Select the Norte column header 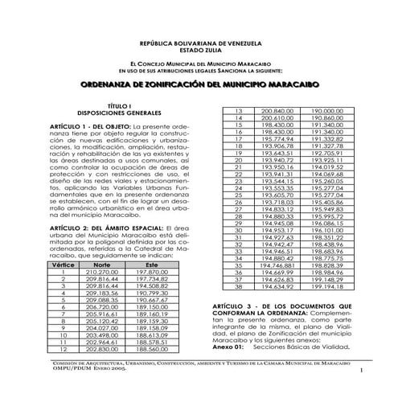(x=101, y=264)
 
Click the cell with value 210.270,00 (x=101, y=272)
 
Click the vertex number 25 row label (x=238, y=195)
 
